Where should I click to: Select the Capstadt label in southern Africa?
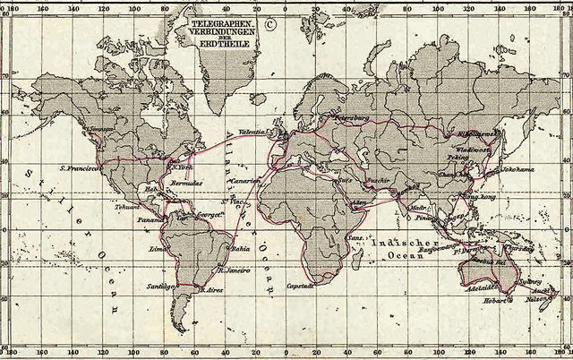point(300,286)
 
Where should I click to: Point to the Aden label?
point(359,202)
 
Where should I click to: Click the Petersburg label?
point(352,117)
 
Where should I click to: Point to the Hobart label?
point(497,302)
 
